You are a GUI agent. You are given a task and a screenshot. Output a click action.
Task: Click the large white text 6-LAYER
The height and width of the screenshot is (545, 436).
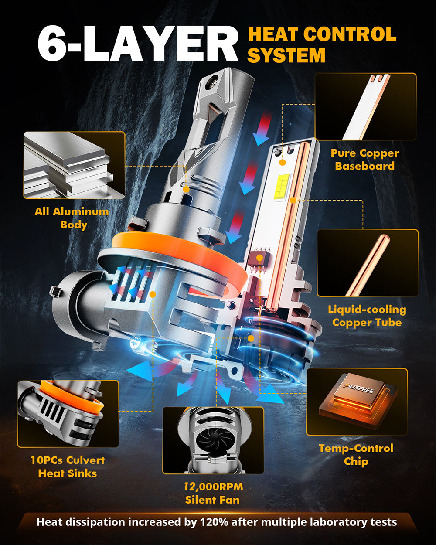[137, 44]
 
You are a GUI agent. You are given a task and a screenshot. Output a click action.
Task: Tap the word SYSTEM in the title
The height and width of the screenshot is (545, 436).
[287, 56]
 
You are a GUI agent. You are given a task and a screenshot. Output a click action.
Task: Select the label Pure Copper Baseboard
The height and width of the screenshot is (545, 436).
[364, 160]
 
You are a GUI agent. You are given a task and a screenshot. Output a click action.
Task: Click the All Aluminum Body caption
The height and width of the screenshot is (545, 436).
[72, 218]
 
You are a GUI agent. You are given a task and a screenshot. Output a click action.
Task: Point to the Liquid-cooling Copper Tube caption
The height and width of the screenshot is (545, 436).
[367, 316]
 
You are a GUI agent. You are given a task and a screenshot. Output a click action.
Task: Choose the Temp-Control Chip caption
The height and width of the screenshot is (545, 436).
[356, 455]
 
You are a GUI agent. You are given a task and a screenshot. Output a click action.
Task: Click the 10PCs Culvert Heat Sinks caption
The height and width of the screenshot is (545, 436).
[68, 467]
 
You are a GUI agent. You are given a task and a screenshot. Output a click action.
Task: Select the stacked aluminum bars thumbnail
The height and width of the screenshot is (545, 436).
[74, 165]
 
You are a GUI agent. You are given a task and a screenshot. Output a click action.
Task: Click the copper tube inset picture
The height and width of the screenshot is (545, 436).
[368, 263]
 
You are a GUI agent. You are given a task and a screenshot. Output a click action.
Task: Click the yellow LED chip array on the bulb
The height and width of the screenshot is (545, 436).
[283, 187]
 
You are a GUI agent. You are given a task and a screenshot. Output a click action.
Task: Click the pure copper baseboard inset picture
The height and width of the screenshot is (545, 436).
[365, 107]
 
